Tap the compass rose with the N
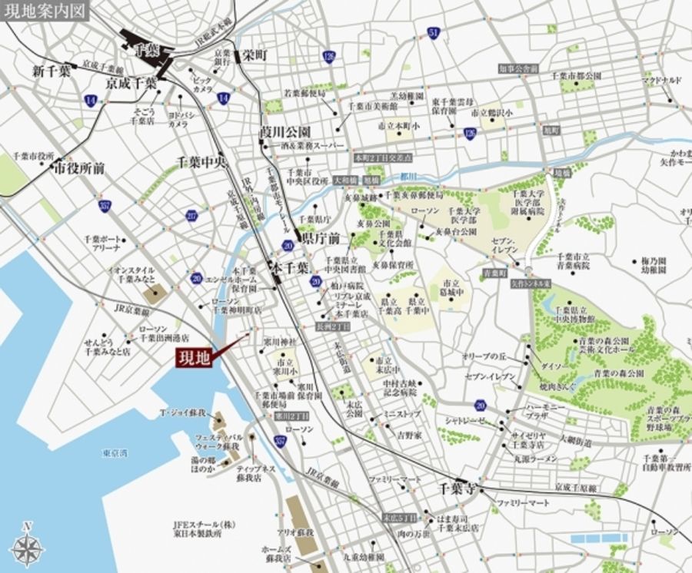point(28,548)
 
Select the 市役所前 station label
point(80,167)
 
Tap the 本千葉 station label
point(291,268)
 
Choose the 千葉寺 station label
point(459,489)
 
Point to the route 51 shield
point(434,34)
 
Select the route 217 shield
point(191,216)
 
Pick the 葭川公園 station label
point(284,131)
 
